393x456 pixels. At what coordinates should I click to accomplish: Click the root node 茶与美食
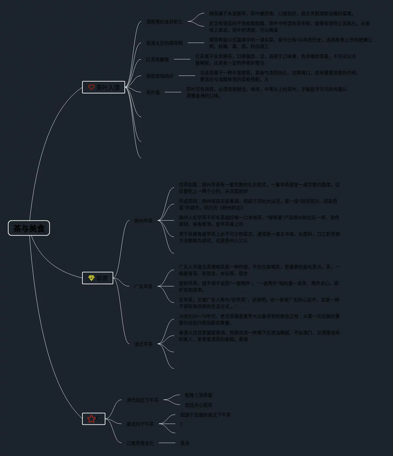pos(29,228)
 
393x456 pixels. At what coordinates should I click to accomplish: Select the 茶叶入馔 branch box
pos(104,87)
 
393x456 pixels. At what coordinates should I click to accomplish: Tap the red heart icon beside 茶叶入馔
pos(91,87)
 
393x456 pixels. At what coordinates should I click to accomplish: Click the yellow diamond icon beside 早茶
pos(91,278)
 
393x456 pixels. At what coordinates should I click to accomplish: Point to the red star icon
pos(91,418)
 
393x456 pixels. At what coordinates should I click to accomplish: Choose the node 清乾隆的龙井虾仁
pos(164,22)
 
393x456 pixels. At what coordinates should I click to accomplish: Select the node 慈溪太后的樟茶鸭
pos(164,43)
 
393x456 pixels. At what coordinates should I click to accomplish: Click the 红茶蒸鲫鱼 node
pos(157,60)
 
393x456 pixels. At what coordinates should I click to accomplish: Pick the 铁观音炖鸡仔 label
pos(160,76)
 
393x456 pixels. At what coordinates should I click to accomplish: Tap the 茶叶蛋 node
pos(153,92)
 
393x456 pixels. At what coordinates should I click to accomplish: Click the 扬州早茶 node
pos(143,221)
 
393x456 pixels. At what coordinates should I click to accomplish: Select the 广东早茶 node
pos(143,287)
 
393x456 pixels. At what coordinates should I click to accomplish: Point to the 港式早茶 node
pos(143,344)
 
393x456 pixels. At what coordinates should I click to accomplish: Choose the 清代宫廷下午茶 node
pos(142,400)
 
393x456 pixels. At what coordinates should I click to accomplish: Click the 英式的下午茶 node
pos(140,424)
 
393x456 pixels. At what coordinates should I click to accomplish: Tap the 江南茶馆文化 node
pos(140,443)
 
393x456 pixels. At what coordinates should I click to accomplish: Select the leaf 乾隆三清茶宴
pos(198,395)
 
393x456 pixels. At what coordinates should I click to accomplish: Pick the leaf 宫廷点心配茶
pos(198,405)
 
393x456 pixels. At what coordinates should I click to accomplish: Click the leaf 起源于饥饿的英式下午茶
pos(205,415)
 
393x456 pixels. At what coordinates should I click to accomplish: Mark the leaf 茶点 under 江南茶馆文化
pos(185,443)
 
